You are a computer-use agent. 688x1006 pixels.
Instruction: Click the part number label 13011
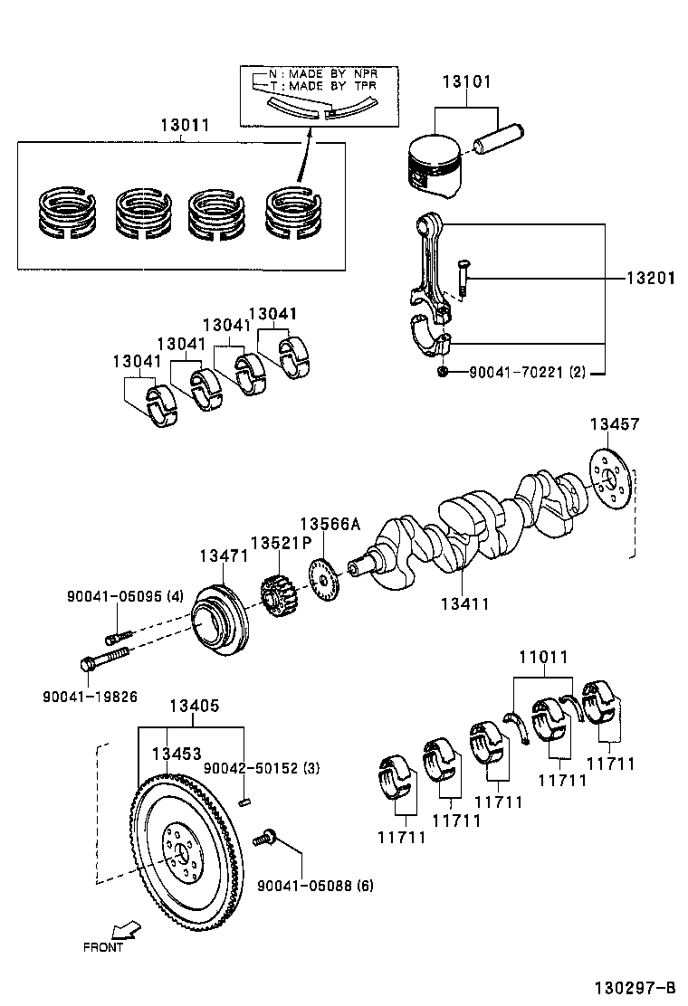coord(185,126)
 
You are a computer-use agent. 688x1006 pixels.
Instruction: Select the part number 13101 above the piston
coord(466,82)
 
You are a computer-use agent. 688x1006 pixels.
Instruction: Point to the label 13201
coord(650,279)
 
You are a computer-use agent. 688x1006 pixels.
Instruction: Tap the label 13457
coord(615,423)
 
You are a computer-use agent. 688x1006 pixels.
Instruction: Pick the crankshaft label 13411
coord(464,603)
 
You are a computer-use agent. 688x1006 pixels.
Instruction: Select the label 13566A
coord(330,524)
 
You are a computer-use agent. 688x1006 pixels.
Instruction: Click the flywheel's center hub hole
coord(180,852)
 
